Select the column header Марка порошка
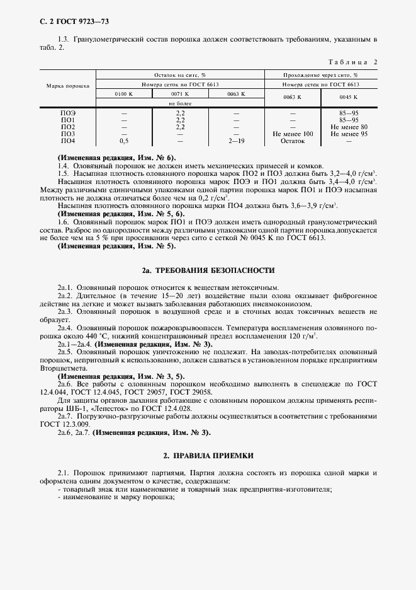pos(67,84)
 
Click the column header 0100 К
pos(123,94)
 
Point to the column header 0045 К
pos(348,97)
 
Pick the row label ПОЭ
pos(67,113)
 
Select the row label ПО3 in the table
pos(67,134)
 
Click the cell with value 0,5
pos(123,141)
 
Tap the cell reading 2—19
pos(236,141)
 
